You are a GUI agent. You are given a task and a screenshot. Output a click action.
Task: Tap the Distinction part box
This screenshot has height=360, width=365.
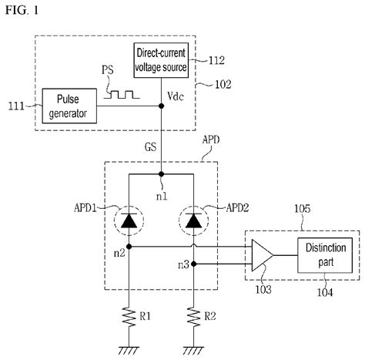pyautogui.click(x=322, y=255)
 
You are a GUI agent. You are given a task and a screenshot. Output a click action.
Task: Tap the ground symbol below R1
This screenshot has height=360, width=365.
pyautogui.click(x=127, y=348)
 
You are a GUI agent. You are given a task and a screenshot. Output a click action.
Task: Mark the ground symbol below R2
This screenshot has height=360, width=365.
pyautogui.click(x=193, y=348)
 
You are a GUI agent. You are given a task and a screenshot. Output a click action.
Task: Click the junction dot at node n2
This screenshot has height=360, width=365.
pyautogui.click(x=127, y=247)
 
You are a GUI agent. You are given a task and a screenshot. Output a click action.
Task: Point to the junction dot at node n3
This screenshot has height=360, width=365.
pyautogui.click(x=193, y=264)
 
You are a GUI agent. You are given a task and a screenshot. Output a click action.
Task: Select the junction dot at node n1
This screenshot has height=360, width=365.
pyautogui.click(x=160, y=174)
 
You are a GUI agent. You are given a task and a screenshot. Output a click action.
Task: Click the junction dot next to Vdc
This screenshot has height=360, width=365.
pyautogui.click(x=160, y=108)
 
